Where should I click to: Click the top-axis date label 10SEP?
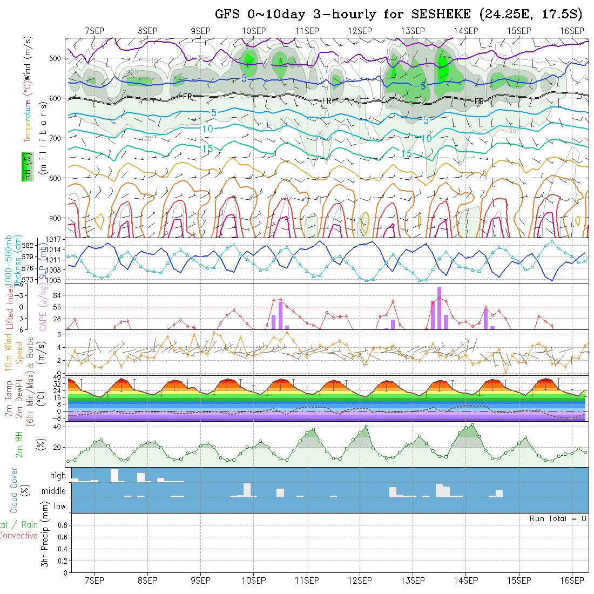(253, 30)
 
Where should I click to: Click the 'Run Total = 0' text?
(558, 518)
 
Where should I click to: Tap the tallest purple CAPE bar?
(440, 308)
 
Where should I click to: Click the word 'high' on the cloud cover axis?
(58, 476)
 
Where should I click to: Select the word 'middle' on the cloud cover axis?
(54, 491)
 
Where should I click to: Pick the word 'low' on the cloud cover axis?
(59, 507)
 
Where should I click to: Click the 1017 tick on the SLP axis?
(55, 238)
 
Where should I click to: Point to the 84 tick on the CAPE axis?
(59, 295)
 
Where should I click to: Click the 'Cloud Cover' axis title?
(14, 490)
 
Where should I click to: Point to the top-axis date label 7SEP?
(94, 30)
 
